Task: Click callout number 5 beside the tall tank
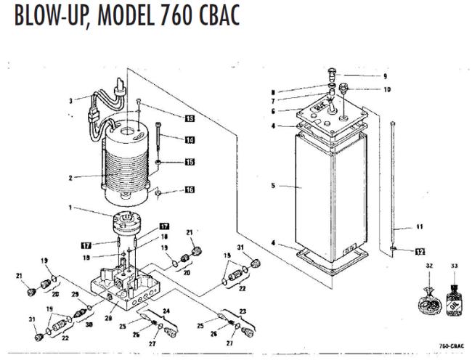click(273, 186)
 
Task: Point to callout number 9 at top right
click(386, 75)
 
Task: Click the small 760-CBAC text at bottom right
click(450, 347)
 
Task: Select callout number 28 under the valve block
click(110, 317)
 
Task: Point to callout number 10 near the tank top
click(386, 90)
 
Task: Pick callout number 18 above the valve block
click(164, 237)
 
